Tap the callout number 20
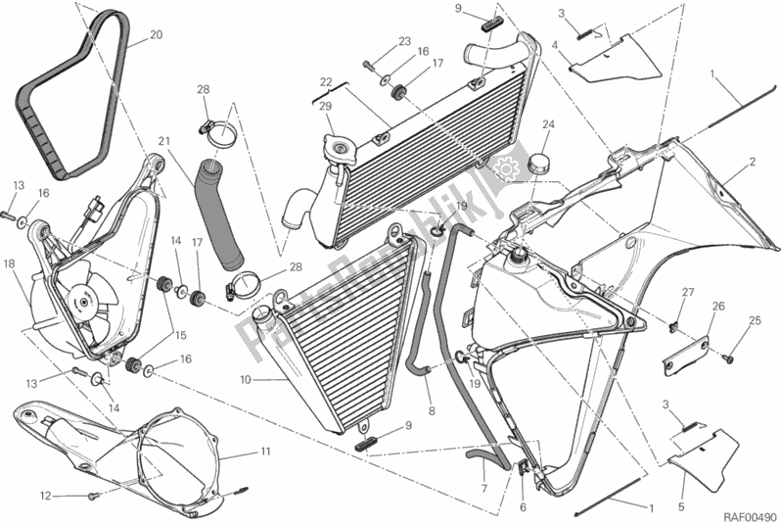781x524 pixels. click(156, 36)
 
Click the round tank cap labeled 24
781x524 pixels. click(541, 161)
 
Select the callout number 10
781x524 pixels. click(244, 379)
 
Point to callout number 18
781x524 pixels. click(9, 263)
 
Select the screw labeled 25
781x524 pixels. click(729, 359)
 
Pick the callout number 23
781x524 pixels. click(403, 40)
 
